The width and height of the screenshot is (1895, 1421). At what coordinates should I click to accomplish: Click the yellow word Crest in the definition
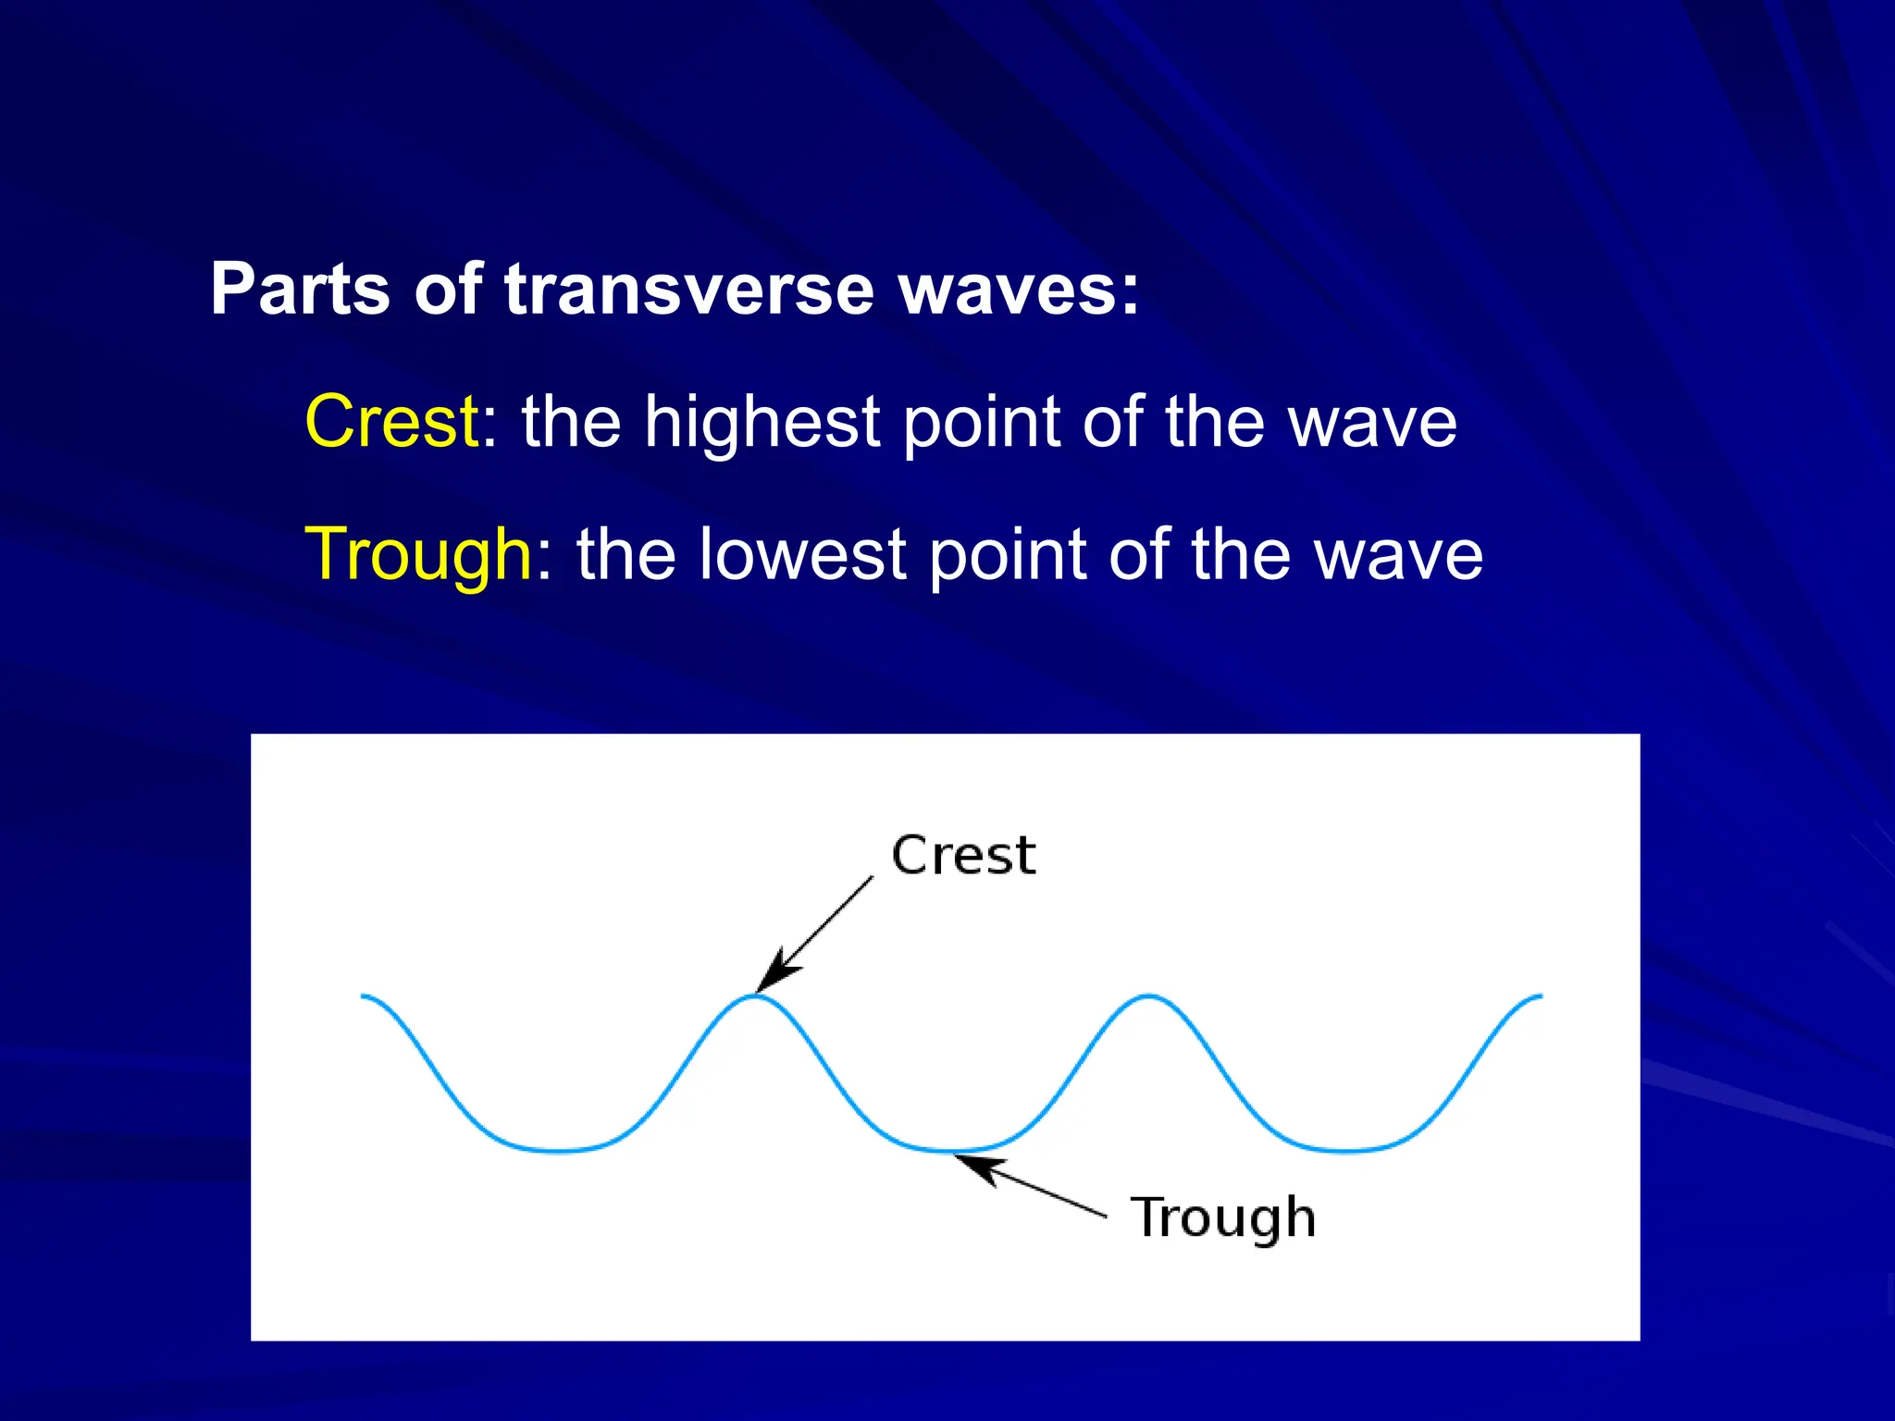[x=391, y=422]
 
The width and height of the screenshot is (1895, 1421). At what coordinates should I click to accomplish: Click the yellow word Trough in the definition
[x=418, y=555]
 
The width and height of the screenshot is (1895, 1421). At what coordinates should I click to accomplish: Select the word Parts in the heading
[x=301, y=290]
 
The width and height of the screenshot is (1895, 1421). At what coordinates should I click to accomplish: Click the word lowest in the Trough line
[x=802, y=555]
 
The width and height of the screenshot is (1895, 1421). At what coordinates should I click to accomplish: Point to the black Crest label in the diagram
[x=963, y=855]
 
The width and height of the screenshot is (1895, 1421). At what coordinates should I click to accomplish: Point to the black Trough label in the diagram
[x=1222, y=1217]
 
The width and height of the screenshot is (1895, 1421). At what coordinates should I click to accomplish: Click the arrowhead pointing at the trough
[x=976, y=1168]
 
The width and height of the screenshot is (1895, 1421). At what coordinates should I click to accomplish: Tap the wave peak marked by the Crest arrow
[x=755, y=996]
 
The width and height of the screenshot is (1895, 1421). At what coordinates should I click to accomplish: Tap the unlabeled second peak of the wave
[x=1148, y=996]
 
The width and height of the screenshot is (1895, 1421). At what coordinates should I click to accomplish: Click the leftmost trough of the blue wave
[x=558, y=1151]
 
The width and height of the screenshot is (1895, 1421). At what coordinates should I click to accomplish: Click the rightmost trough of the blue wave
[x=1346, y=1151]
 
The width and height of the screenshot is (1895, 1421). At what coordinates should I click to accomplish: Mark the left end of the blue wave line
[x=363, y=996]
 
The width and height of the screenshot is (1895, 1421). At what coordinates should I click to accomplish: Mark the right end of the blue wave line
[x=1541, y=996]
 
